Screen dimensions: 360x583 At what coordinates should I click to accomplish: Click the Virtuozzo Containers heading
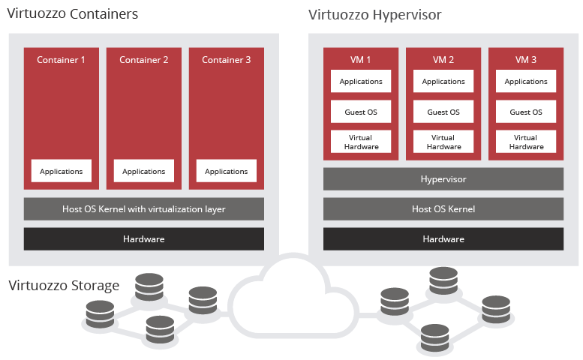pos(72,14)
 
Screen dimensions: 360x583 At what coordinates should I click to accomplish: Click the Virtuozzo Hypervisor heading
pos(374,14)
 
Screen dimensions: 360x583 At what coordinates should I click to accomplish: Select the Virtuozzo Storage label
pos(64,285)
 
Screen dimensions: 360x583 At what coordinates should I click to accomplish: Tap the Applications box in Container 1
pos(62,171)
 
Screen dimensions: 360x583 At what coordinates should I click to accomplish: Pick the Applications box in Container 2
pos(144,171)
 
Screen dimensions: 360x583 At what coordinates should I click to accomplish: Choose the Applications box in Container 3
pos(227,171)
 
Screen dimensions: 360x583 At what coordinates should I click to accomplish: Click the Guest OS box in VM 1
pos(361,112)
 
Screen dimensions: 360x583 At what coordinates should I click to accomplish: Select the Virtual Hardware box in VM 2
pos(443,142)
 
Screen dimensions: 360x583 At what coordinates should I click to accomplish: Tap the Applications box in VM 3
pos(526,81)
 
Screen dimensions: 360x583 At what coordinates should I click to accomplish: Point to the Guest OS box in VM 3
pos(526,112)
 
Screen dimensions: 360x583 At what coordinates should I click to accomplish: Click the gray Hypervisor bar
pos(443,179)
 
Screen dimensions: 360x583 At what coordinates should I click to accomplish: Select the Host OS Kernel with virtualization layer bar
pos(144,208)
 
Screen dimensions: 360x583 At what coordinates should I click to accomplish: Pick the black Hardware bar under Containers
pos(144,238)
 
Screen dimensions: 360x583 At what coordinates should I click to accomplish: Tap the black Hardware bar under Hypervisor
pos(443,238)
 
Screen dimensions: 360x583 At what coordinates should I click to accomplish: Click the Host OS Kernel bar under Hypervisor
pos(443,208)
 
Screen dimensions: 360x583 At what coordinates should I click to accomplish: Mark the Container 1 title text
pos(62,60)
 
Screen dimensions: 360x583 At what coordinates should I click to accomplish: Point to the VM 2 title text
pos(443,60)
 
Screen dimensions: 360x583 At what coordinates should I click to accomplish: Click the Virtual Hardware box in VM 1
pos(361,142)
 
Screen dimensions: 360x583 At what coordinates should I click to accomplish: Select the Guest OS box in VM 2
pos(443,112)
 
